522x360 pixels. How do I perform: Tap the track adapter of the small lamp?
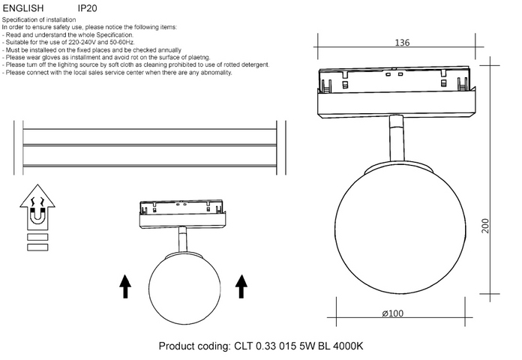point(184,214)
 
